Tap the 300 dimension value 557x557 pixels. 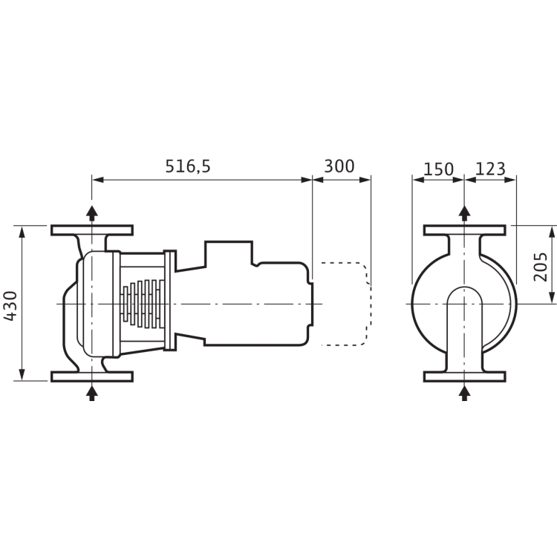[x=339, y=167]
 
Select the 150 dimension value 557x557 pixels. [x=438, y=169]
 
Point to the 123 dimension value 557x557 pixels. [x=489, y=169]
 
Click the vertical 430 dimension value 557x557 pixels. [x=10, y=304]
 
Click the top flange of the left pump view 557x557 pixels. [x=92, y=229]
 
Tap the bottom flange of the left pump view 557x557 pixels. [x=92, y=377]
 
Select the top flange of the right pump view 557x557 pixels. [x=465, y=229]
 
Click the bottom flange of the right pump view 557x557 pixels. [x=465, y=377]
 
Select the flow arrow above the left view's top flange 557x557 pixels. [x=92, y=212]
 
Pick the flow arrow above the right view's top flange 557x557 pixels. [x=465, y=212]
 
